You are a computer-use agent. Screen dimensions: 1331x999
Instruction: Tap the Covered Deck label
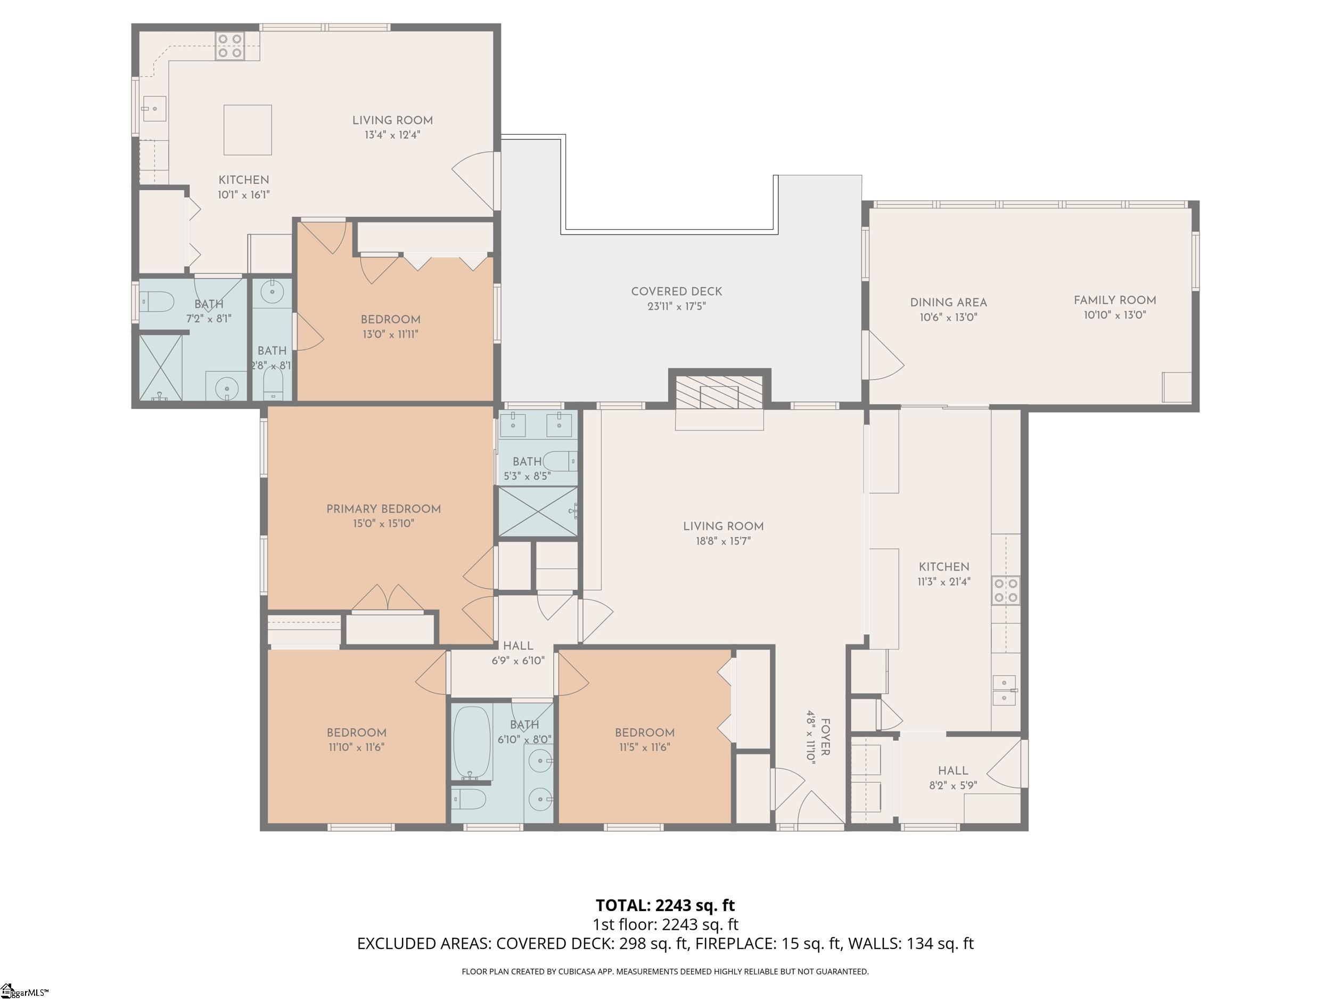[x=676, y=291]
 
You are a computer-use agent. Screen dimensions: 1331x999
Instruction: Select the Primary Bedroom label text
[x=383, y=509]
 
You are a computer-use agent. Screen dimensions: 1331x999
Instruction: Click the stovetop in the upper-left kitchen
[x=230, y=46]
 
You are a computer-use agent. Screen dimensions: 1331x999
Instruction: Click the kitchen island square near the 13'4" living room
[x=248, y=129]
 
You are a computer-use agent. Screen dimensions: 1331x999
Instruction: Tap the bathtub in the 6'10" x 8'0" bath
[x=472, y=743]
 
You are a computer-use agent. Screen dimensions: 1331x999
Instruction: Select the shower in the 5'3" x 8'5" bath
[x=537, y=511]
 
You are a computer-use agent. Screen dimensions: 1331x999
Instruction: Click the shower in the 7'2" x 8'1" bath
[x=160, y=367]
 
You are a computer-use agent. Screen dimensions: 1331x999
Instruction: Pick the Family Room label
[x=1115, y=300]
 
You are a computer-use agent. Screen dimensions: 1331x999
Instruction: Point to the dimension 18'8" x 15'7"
[x=723, y=541]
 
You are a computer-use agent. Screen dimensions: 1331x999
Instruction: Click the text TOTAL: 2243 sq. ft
[x=665, y=905]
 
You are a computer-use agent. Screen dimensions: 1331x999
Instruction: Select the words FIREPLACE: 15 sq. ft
[x=768, y=943]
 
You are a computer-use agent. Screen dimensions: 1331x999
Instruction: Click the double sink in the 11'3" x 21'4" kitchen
[x=1004, y=689]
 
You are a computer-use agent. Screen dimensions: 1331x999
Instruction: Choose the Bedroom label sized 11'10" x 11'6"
[x=356, y=733]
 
